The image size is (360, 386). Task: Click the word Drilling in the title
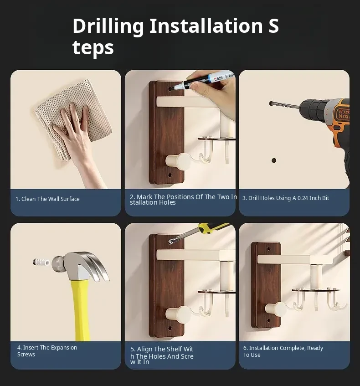108,26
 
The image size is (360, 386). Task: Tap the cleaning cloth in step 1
74,118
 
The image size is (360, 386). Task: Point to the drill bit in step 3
284,105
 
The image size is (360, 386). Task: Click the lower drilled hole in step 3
273,160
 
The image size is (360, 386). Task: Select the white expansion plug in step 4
41,262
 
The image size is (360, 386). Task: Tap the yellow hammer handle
81,310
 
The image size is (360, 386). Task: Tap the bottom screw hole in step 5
170,329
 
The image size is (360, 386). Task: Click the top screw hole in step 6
269,249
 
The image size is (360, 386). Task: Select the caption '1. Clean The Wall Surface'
47,199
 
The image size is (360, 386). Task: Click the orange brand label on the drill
344,114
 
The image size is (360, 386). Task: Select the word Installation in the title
206,26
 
